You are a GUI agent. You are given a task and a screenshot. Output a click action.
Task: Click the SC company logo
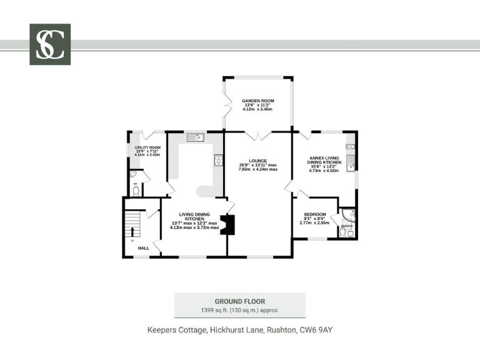pyautogui.click(x=50, y=44)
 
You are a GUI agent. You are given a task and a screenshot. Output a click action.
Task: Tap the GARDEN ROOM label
pyautogui.click(x=258, y=101)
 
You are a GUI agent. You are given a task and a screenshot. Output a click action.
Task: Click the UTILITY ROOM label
pyautogui.click(x=147, y=147)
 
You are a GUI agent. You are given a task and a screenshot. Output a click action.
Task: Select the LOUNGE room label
pyautogui.click(x=258, y=161)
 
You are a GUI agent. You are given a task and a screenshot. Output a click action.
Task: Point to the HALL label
pyautogui.click(x=143, y=248)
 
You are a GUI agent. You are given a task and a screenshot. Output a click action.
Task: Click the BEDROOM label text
pyautogui.click(x=314, y=214)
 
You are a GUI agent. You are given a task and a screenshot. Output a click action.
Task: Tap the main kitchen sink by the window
pyautogui.click(x=198, y=137)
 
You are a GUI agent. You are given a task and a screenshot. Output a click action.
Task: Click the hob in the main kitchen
pyautogui.click(x=218, y=160)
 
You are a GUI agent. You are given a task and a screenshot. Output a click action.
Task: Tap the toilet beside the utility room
pyautogui.click(x=136, y=191)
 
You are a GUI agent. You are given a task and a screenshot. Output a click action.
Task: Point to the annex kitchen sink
pyautogui.click(x=351, y=167)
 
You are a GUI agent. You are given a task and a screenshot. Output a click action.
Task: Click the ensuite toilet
pyautogui.click(x=343, y=231)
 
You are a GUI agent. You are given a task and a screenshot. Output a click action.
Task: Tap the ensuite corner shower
pyautogui.click(x=349, y=216)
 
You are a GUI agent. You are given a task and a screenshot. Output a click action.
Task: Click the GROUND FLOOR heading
pyautogui.click(x=239, y=301)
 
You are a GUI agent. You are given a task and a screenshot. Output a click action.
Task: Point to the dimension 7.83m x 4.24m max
pyautogui.click(x=258, y=170)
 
